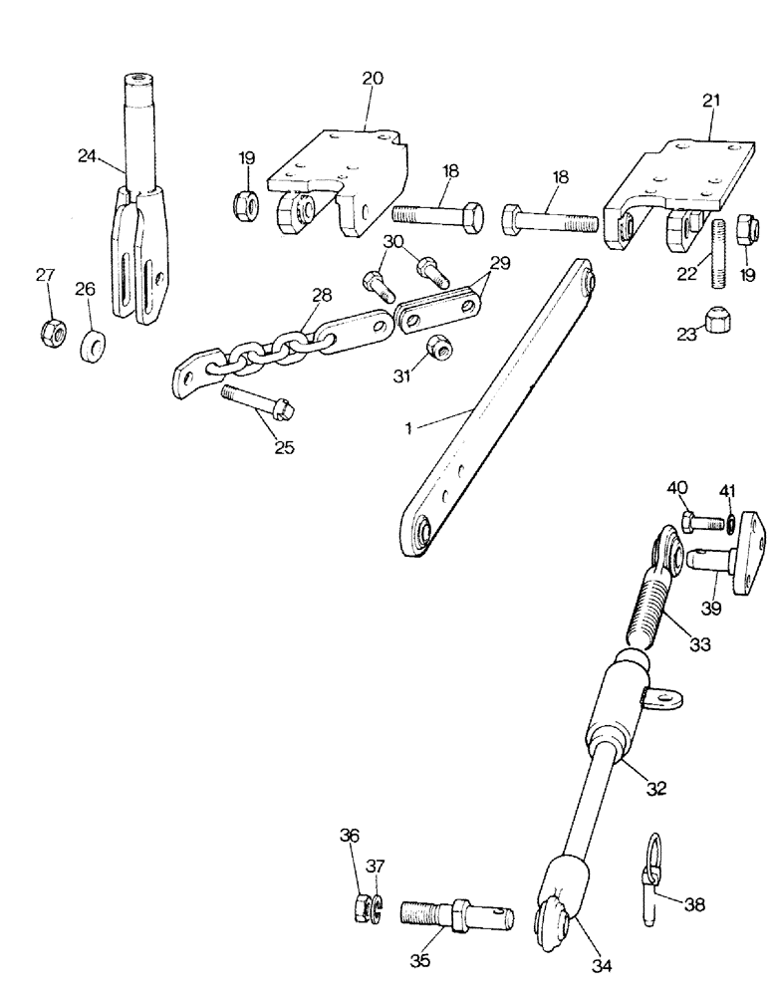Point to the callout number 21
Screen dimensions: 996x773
point(711,101)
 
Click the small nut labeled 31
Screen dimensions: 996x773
point(435,349)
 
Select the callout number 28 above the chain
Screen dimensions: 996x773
point(321,296)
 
